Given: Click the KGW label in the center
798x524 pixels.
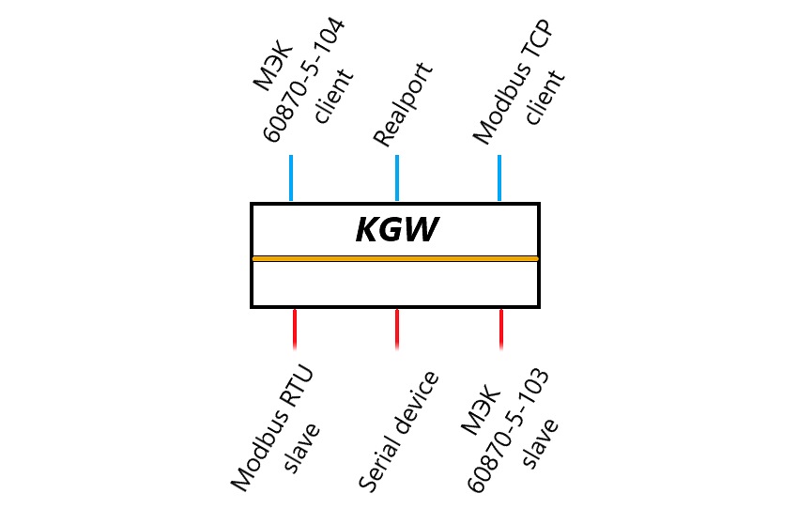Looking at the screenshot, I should click(x=398, y=230).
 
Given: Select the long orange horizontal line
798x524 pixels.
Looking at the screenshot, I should click(x=394, y=258).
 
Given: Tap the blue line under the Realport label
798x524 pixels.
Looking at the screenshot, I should click(x=397, y=177).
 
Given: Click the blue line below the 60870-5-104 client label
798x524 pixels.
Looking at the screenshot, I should click(x=291, y=177).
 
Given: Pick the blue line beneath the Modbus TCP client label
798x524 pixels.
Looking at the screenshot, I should click(x=499, y=177).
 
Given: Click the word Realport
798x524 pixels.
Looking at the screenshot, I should click(x=404, y=105).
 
